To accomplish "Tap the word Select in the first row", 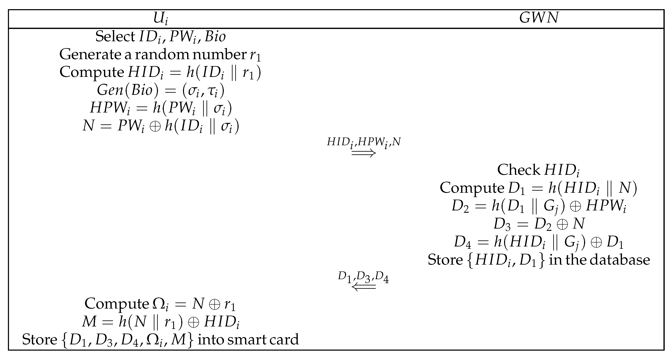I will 115,36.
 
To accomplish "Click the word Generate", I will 90,55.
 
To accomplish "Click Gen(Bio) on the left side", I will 128,90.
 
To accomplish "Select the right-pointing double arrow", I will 363,153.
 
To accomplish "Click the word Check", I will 518,170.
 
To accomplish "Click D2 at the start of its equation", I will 460,206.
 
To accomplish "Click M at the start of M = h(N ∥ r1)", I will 89,322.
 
